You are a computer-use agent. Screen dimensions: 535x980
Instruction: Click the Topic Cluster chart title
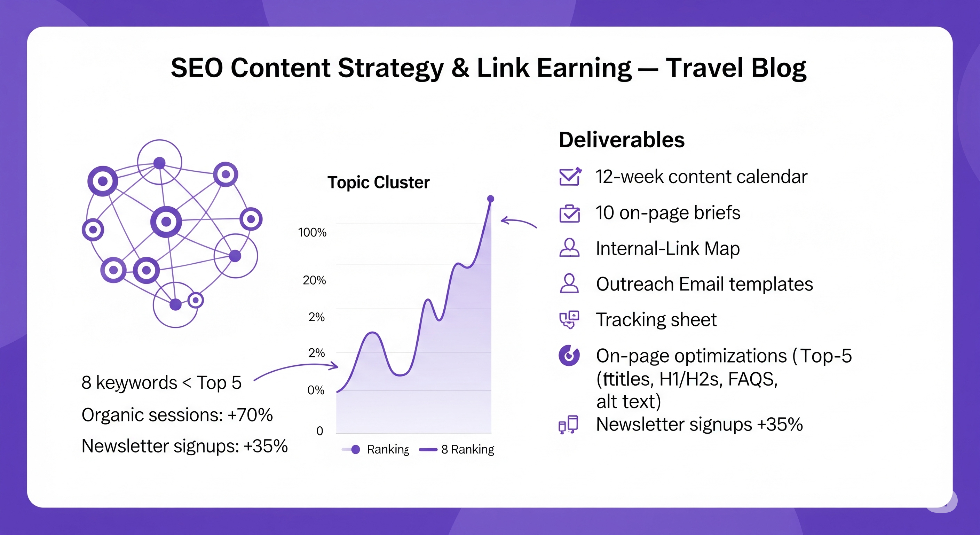click(378, 183)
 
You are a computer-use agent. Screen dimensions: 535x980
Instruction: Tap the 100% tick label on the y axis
click(312, 232)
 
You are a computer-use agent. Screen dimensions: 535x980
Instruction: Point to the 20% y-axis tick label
click(314, 280)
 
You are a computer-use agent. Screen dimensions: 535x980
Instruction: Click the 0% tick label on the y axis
click(315, 390)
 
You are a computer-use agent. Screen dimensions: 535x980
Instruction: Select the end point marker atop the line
click(490, 199)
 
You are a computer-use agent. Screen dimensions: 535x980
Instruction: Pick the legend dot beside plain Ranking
click(355, 449)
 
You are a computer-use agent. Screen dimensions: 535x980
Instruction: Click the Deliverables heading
click(621, 140)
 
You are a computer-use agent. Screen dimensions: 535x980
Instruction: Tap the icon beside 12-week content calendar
click(569, 177)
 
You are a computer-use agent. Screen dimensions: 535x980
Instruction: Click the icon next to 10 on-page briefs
click(569, 213)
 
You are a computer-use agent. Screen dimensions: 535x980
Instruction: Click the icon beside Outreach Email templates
click(569, 284)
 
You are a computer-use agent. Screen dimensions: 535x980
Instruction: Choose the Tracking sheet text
click(656, 319)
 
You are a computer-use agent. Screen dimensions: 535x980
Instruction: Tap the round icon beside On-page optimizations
click(569, 356)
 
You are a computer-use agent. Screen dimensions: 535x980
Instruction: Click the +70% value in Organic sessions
click(250, 415)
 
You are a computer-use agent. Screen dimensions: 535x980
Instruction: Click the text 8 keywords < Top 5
click(161, 382)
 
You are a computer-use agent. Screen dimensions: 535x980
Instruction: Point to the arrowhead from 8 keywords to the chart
click(335, 366)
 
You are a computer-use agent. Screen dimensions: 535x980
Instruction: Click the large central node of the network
click(166, 222)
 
